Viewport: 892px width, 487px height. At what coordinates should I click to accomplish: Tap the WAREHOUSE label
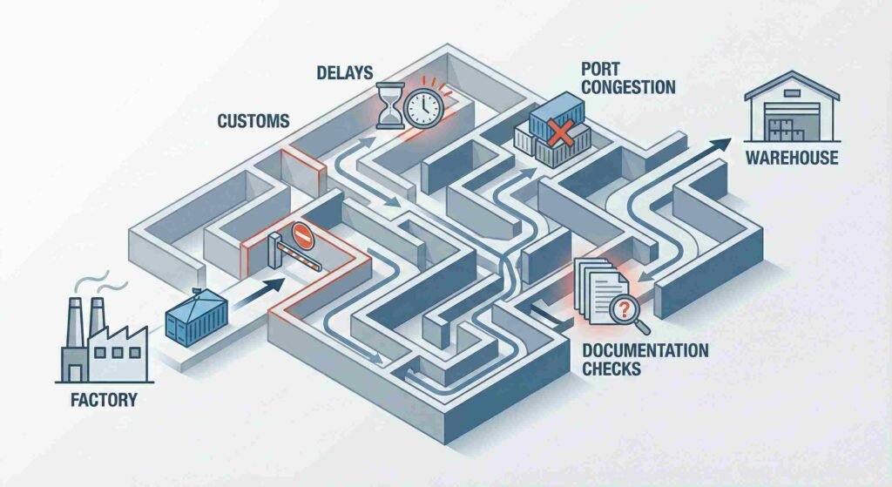(x=792, y=159)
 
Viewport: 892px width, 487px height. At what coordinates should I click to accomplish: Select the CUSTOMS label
(x=252, y=121)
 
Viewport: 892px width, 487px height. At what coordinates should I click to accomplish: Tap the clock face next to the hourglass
(x=424, y=108)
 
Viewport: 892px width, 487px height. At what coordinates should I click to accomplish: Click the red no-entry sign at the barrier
(x=301, y=234)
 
